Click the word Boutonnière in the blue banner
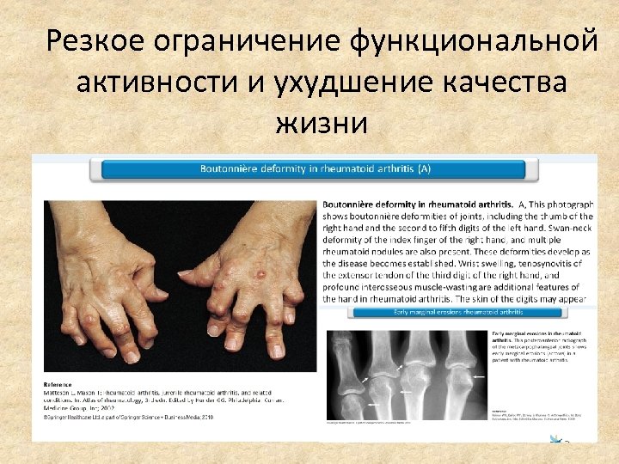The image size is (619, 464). pyautogui.click(x=231, y=168)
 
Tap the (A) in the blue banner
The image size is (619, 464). pyautogui.click(x=423, y=168)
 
